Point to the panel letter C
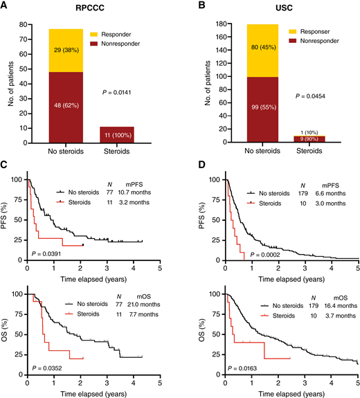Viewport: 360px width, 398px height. [6, 168]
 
